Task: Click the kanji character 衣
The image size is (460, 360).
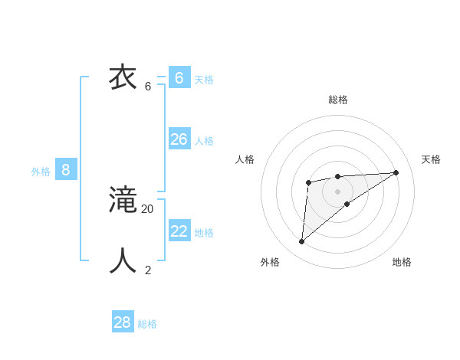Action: [x=123, y=77]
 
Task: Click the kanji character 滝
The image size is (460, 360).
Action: [x=123, y=200]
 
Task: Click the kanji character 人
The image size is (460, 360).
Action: [x=123, y=261]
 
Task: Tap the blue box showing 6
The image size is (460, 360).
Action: [x=179, y=78]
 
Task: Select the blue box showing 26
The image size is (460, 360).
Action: [x=179, y=139]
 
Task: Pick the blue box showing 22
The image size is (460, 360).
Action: [x=179, y=231]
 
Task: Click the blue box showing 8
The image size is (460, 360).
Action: [x=66, y=170]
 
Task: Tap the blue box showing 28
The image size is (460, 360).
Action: [x=123, y=322]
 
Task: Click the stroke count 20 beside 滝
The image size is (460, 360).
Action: [x=147, y=208]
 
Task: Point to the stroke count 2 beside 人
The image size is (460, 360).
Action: [x=148, y=270]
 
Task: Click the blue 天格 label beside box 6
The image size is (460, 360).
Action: [x=204, y=80]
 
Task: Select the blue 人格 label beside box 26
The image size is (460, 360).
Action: [x=204, y=141]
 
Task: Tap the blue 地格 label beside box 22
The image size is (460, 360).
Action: [x=204, y=233]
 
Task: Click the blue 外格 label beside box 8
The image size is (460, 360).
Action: [x=41, y=172]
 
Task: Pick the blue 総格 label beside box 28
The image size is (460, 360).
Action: [x=147, y=324]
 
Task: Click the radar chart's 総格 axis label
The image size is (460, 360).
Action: [x=338, y=100]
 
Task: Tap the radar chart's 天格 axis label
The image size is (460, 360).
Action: [x=431, y=159]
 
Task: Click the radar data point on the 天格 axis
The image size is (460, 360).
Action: [x=396, y=172]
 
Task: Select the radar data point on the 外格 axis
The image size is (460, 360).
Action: [x=302, y=242]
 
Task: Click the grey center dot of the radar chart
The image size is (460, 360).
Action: [x=337, y=191]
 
